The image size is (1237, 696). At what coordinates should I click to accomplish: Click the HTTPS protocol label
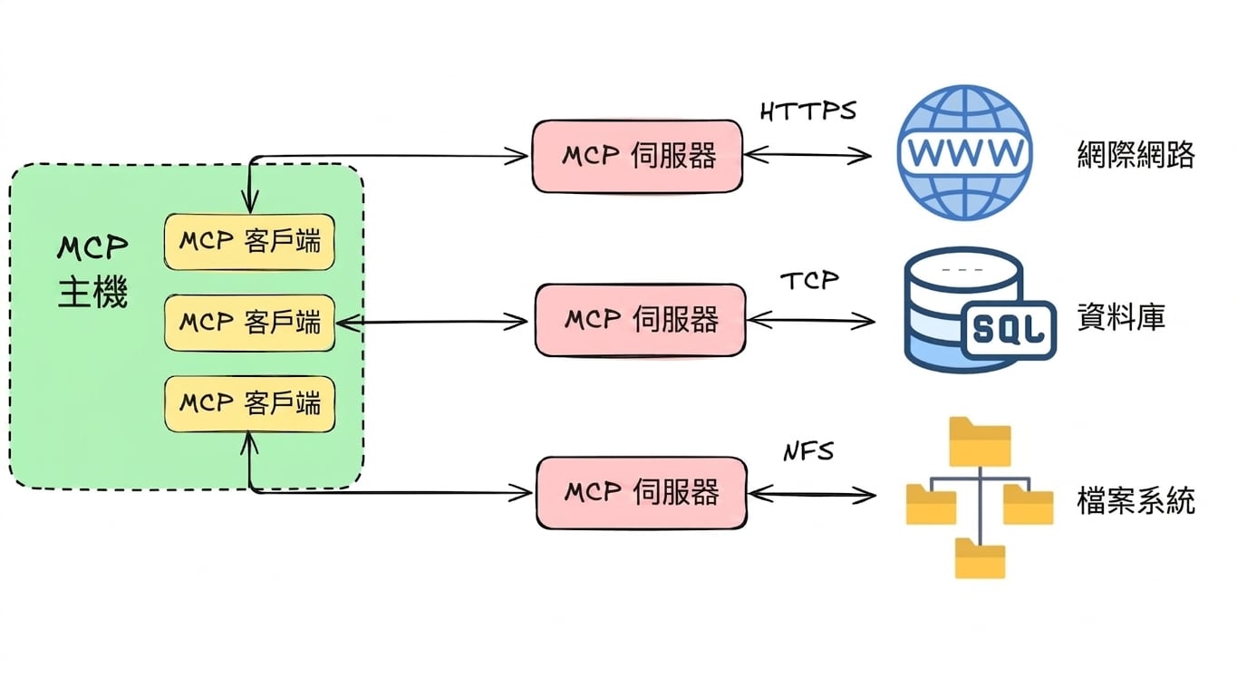coord(808,111)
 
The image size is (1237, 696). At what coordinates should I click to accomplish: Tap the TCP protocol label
coord(809,281)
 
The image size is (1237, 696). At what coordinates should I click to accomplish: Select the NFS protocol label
coord(808,452)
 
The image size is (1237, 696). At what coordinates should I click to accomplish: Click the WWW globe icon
coord(965,152)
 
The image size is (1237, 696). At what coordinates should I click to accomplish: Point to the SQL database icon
coord(981,309)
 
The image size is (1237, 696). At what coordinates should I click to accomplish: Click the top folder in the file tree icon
coord(981,441)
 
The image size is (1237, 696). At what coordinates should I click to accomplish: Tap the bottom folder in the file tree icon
coord(981,558)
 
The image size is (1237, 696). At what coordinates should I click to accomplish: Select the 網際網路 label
coord(1136,154)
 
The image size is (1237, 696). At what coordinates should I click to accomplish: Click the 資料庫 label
coord(1121,317)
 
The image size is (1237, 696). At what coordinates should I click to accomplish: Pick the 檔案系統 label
coord(1136,500)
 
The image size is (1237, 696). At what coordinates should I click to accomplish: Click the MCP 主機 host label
coord(92,270)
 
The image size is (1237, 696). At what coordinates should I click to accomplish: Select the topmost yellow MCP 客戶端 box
coord(249,242)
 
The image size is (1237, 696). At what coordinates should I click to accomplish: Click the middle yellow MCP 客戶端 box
coord(249,323)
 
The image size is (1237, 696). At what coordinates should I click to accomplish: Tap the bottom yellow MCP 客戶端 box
coord(249,404)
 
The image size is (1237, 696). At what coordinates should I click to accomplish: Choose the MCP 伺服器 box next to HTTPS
coord(637,156)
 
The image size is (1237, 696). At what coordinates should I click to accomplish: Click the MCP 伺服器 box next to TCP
coord(641,320)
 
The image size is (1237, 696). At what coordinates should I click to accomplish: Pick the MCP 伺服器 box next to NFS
coord(642,493)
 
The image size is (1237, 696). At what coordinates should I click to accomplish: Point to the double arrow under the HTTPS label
coord(807,155)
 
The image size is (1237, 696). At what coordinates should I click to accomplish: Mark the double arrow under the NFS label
coord(812,495)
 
